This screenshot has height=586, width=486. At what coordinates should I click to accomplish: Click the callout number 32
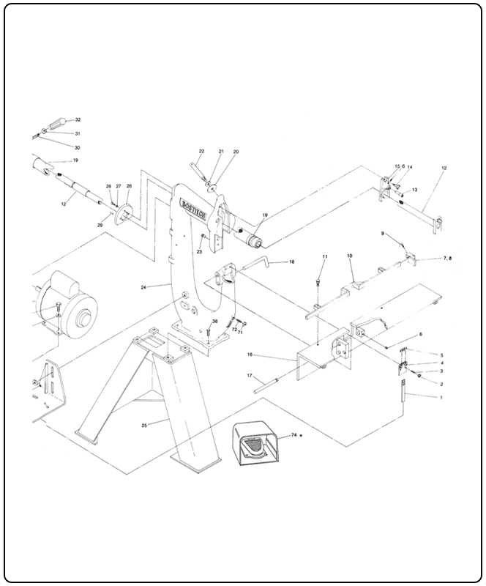(78, 119)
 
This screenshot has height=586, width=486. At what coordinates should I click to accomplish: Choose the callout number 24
(143, 287)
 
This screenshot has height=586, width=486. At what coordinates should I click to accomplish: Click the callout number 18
(291, 262)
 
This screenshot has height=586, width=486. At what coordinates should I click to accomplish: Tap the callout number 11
(325, 256)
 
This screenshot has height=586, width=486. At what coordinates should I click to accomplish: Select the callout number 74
(294, 434)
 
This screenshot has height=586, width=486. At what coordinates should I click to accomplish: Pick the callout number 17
(250, 375)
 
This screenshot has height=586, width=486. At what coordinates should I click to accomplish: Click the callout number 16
(250, 354)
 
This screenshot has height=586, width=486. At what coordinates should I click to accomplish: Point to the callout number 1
(441, 396)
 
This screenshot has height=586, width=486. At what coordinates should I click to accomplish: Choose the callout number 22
(201, 152)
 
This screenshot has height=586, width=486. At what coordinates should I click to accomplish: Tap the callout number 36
(215, 322)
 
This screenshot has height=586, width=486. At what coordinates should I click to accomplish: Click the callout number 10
(350, 256)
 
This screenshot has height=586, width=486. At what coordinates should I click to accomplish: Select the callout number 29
(100, 226)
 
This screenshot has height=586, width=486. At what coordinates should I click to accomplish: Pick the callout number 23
(198, 251)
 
